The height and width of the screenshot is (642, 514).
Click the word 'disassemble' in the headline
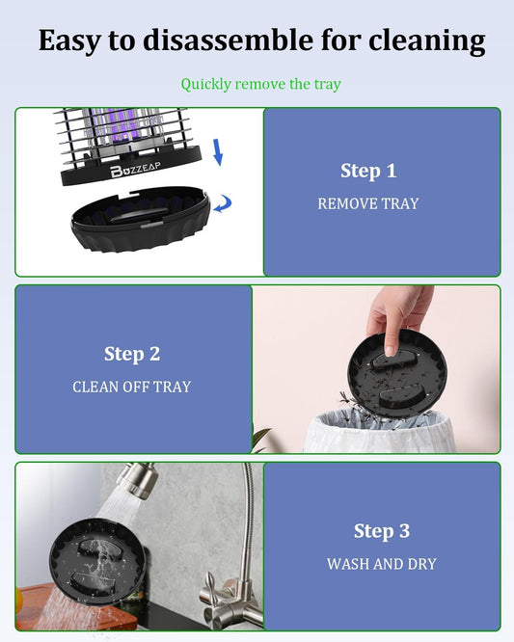tap(229, 40)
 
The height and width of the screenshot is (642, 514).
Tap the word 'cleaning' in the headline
tap(427, 41)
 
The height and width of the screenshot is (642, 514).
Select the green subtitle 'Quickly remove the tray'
tap(261, 84)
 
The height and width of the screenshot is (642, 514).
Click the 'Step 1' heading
tap(368, 171)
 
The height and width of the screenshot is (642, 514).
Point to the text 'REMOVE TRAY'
tap(368, 203)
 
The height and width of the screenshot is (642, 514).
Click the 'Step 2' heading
tap(132, 354)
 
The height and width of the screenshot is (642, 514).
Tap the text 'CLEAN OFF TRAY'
tap(132, 387)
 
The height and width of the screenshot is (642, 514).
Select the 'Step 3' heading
tap(382, 531)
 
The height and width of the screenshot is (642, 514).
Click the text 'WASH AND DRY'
tap(382, 564)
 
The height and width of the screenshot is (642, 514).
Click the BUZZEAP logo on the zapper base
tap(135, 169)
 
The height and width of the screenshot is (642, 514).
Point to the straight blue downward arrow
tap(218, 152)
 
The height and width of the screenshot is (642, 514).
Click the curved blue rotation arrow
tap(223, 203)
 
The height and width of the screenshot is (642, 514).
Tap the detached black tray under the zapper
tap(141, 218)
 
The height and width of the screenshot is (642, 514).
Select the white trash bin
tap(379, 432)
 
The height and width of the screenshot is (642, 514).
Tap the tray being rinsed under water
tap(97, 561)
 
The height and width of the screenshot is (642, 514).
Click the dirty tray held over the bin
tap(397, 374)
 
